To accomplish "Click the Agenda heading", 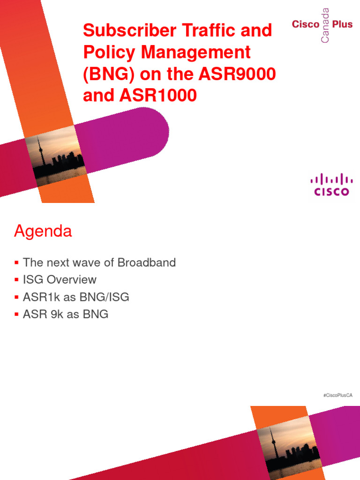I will tap(43, 231).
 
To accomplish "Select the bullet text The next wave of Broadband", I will tap(99, 262).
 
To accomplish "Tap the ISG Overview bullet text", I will tap(60, 280).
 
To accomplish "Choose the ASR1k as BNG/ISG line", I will tap(76, 297).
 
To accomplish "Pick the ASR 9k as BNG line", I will tap(66, 314).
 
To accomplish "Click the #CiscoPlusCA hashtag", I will tap(337, 396).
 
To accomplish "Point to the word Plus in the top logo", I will tap(343, 24).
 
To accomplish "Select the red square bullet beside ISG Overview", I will tap(17, 280).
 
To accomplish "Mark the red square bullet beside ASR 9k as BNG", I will tap(17, 315).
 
